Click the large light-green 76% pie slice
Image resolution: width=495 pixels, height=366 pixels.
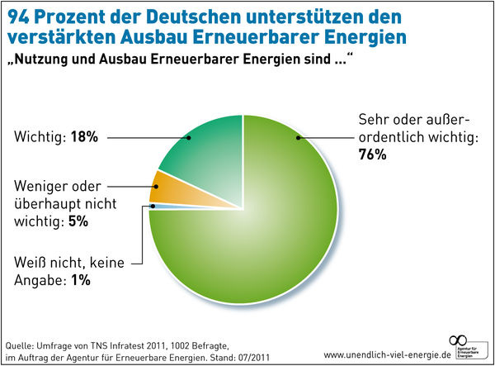[x=264, y=231]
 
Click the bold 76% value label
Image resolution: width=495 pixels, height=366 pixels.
[x=373, y=156]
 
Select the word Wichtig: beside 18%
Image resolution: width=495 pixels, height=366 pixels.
[x=38, y=138]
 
